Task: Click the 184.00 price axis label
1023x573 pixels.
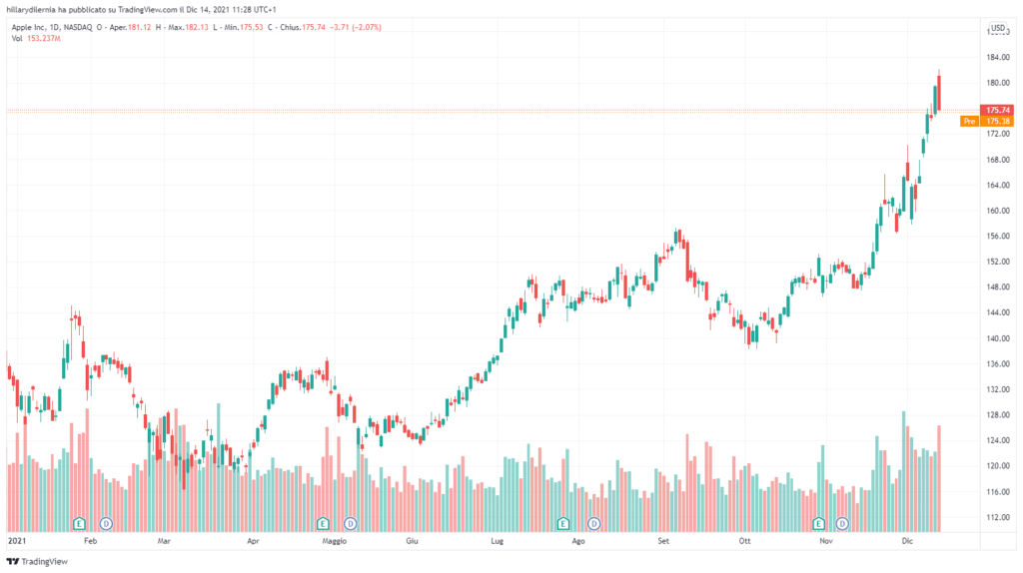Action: [x=996, y=57]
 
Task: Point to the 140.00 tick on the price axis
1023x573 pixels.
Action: [x=996, y=337]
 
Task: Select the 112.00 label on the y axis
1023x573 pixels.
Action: [x=996, y=516]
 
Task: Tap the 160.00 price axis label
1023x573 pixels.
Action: [x=996, y=211]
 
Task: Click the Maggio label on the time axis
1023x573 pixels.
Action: [x=334, y=540]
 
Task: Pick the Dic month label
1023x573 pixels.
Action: [x=907, y=540]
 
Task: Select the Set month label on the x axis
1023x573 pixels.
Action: [x=662, y=540]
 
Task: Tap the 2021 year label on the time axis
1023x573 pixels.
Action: [x=16, y=540]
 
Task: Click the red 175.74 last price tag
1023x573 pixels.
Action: [x=997, y=110]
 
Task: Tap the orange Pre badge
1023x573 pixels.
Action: [x=968, y=121]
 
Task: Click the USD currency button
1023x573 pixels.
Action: [x=997, y=27]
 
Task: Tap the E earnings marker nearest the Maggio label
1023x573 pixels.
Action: [x=323, y=523]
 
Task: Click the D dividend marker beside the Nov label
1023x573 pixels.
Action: [x=842, y=523]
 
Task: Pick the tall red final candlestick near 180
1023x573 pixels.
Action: [x=939, y=93]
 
